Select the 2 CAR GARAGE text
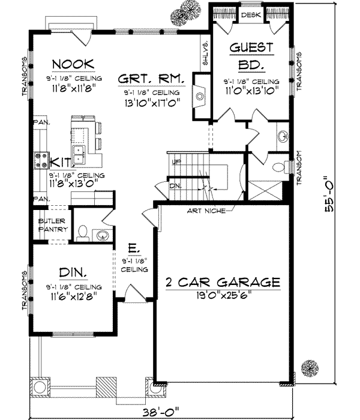[x=220, y=282]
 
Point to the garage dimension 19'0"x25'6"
[x=220, y=295]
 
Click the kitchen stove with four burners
[x=43, y=159]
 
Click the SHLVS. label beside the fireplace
[x=205, y=55]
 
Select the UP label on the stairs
[x=175, y=162]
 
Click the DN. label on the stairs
[x=175, y=186]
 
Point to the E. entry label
[x=134, y=248]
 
